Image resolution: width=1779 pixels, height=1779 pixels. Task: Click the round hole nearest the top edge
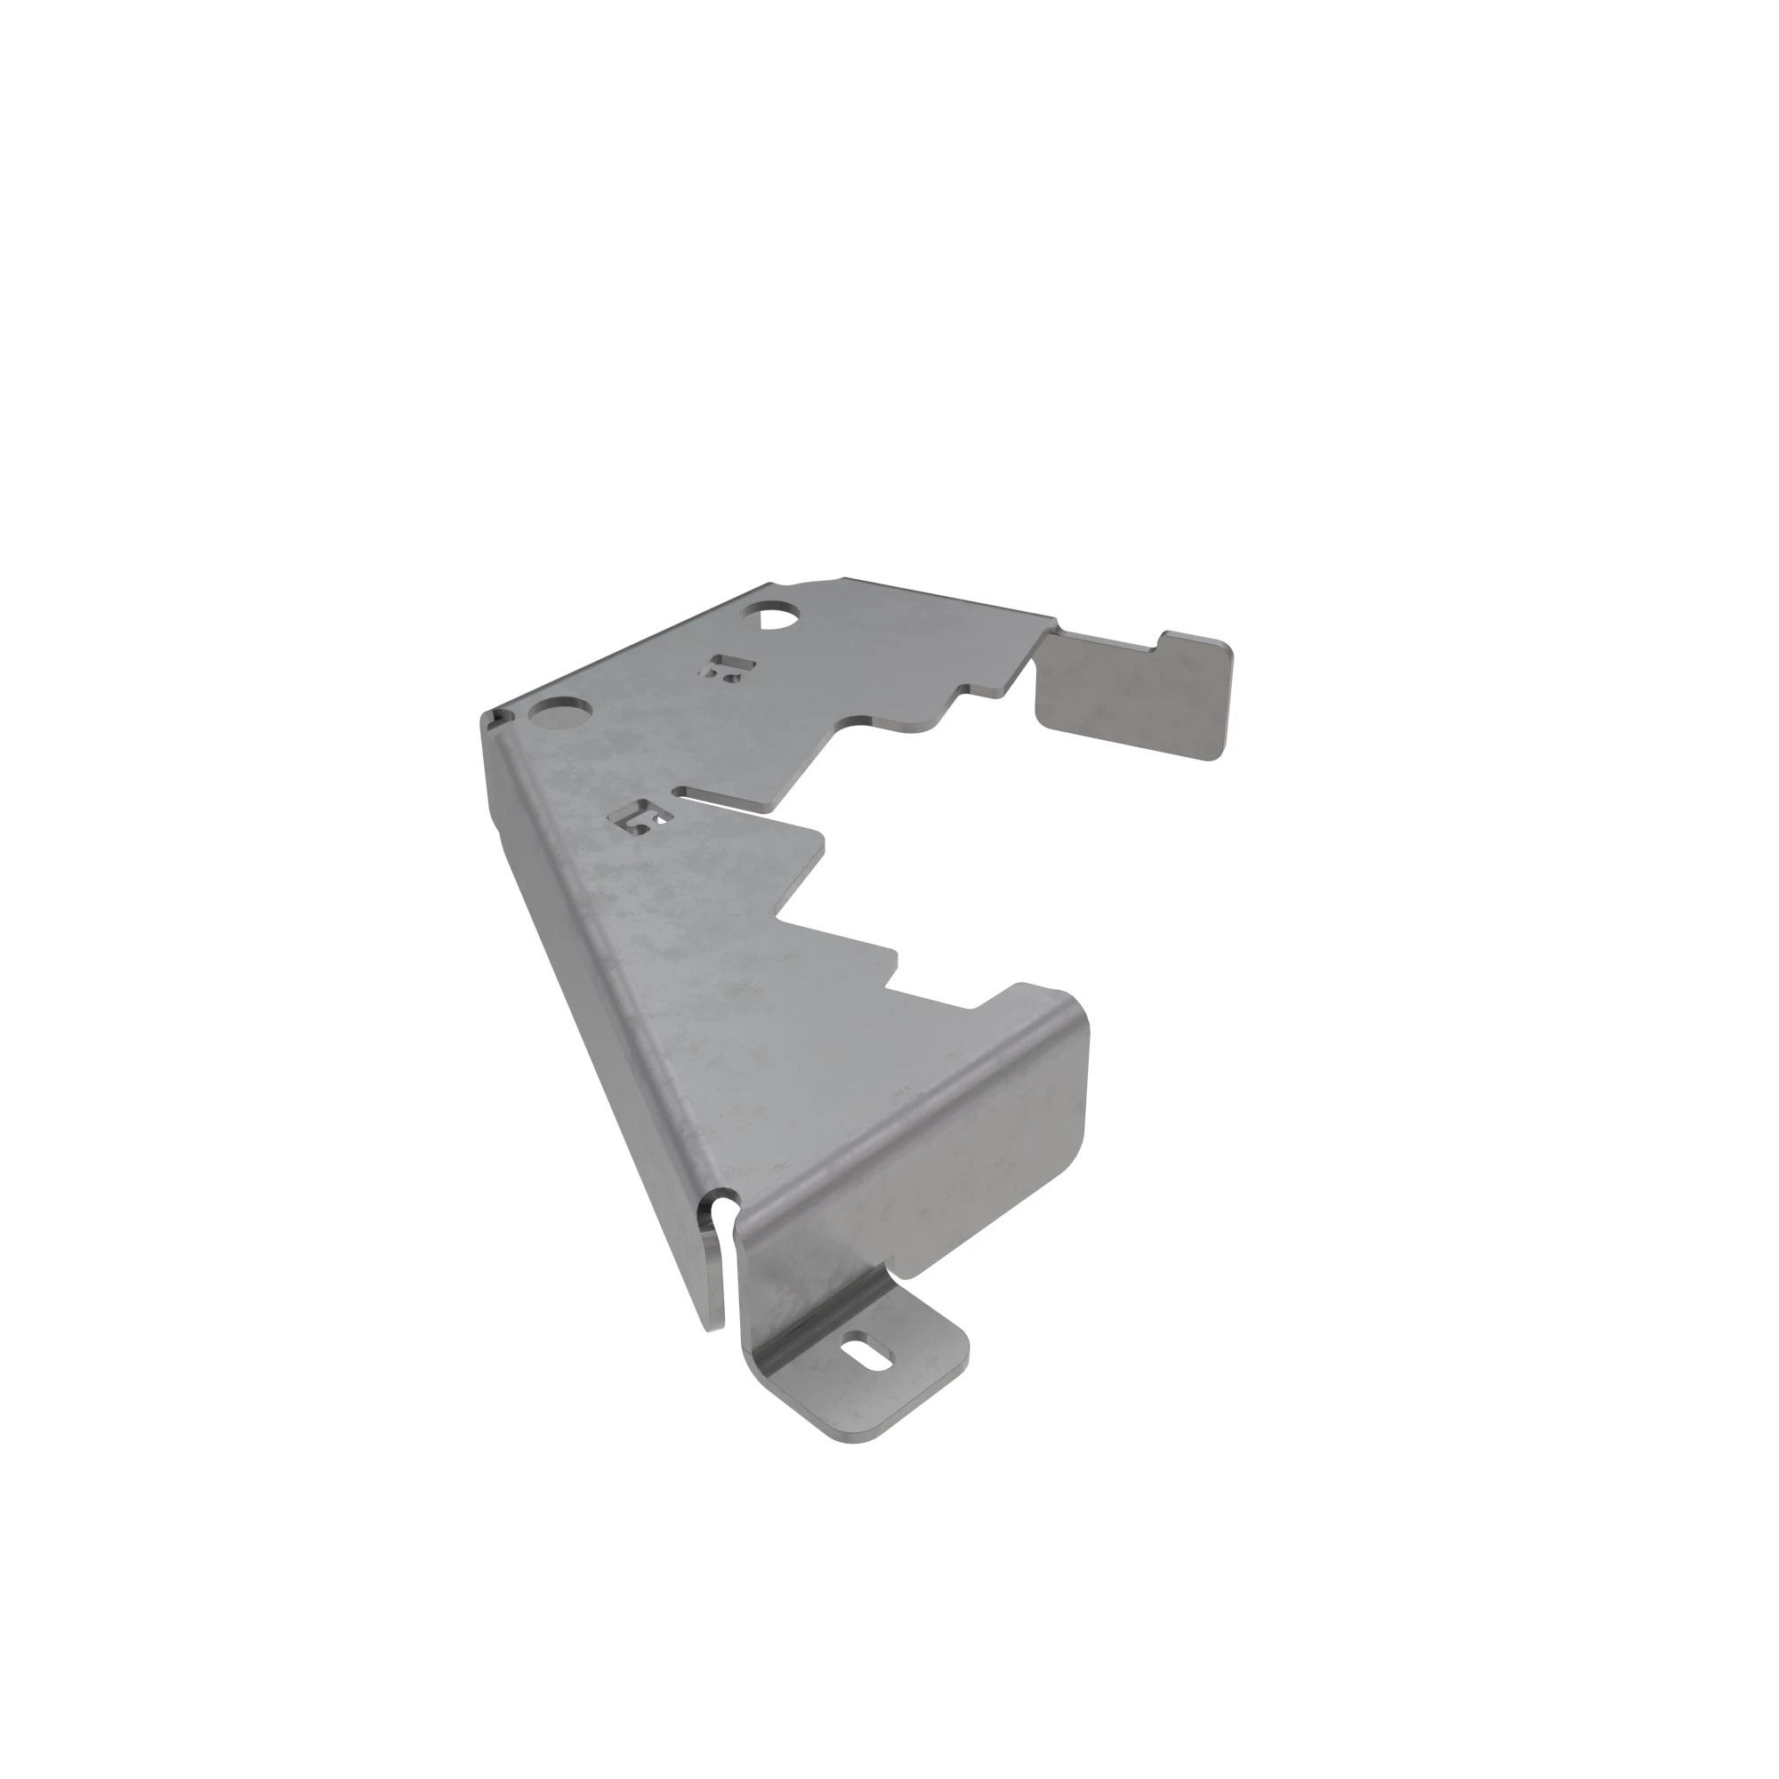(x=776, y=614)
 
